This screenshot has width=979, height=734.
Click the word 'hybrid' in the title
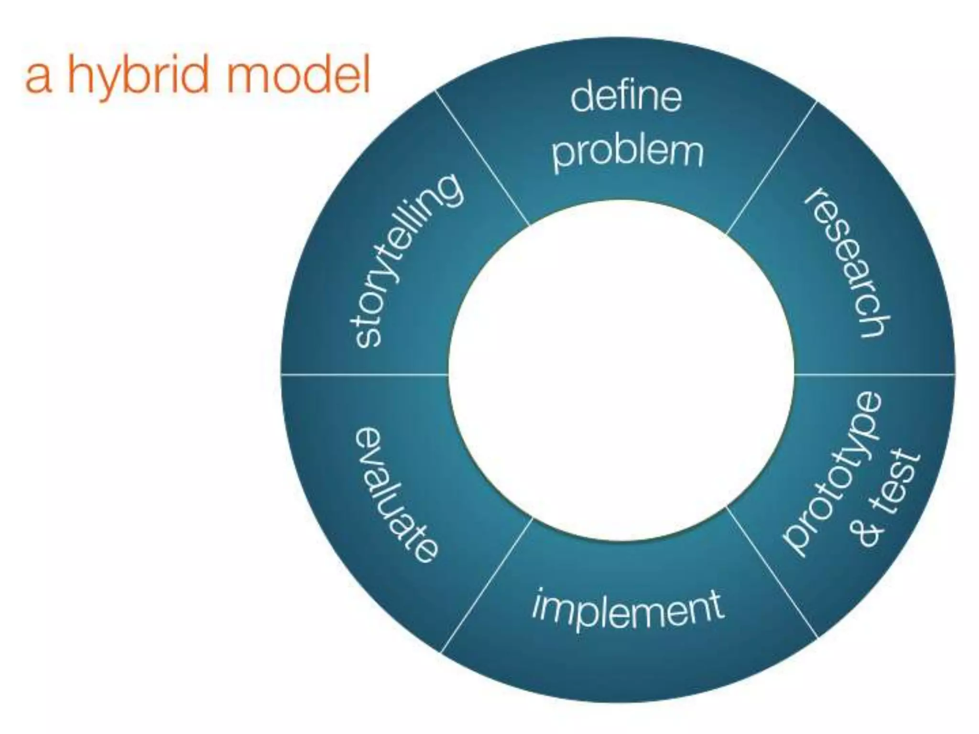click(x=139, y=76)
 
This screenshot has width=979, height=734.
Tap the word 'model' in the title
click(x=298, y=76)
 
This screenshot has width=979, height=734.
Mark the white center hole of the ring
click(x=621, y=370)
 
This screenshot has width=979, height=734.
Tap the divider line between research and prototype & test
click(x=875, y=374)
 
